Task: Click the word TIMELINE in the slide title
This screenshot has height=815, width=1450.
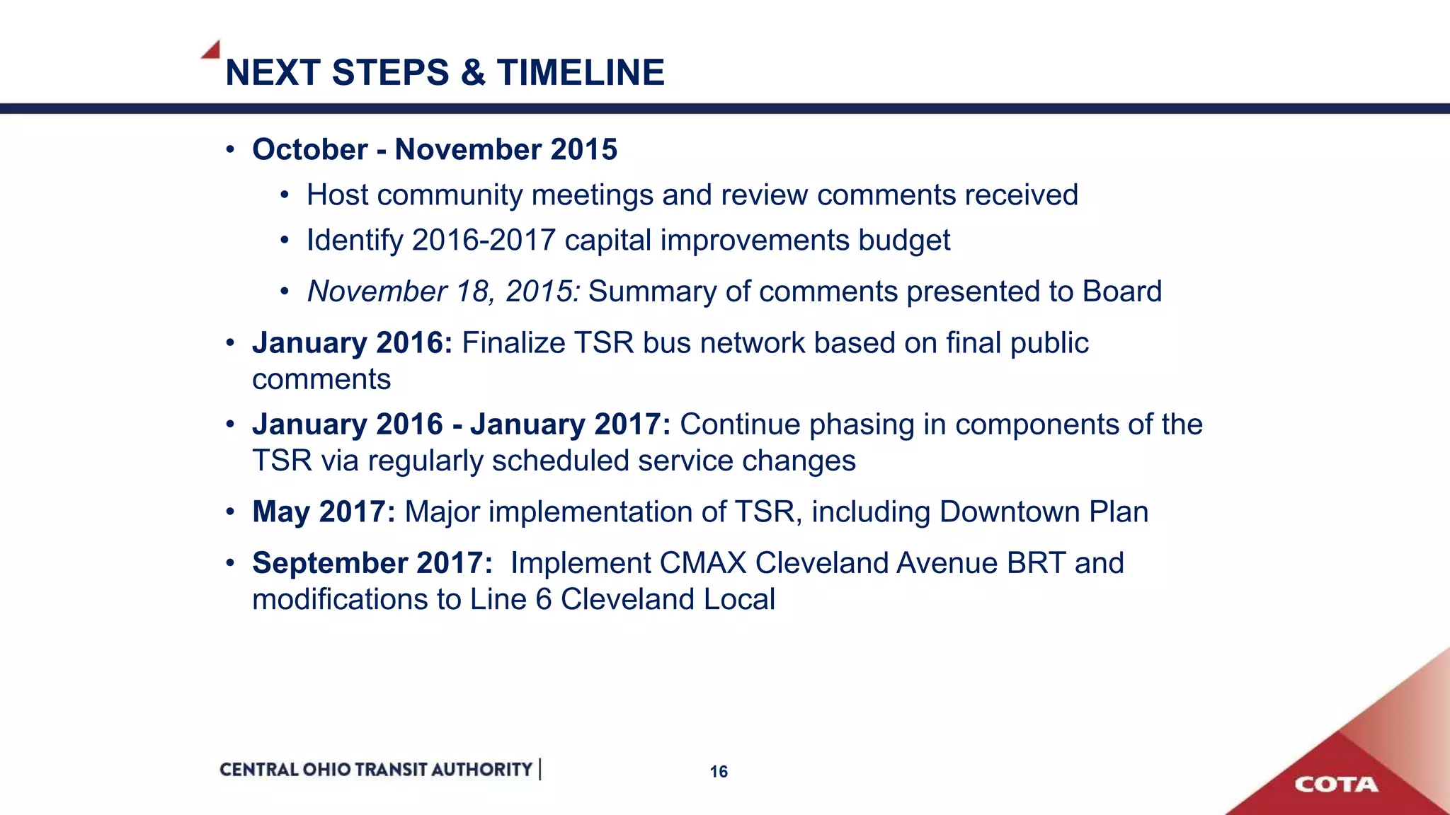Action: (581, 73)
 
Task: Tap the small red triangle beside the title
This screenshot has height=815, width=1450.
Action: (212, 50)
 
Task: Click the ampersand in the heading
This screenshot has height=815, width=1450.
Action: (473, 73)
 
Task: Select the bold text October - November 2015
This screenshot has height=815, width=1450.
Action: (435, 150)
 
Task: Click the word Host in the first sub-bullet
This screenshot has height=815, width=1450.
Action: (338, 195)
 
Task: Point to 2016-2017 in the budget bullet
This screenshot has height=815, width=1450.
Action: (484, 241)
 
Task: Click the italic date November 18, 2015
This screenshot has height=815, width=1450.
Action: (443, 291)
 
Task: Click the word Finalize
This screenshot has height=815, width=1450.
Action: (513, 343)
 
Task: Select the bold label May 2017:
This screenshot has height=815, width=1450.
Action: (324, 512)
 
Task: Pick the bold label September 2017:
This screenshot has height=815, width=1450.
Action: (372, 563)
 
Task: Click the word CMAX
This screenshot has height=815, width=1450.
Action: (702, 563)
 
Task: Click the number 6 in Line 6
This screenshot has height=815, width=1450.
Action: (543, 600)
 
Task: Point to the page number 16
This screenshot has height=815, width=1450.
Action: (719, 772)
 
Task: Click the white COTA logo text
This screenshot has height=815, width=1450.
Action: (1336, 785)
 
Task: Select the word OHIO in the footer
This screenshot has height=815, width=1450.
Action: (326, 770)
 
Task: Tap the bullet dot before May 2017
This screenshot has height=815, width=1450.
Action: (230, 512)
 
